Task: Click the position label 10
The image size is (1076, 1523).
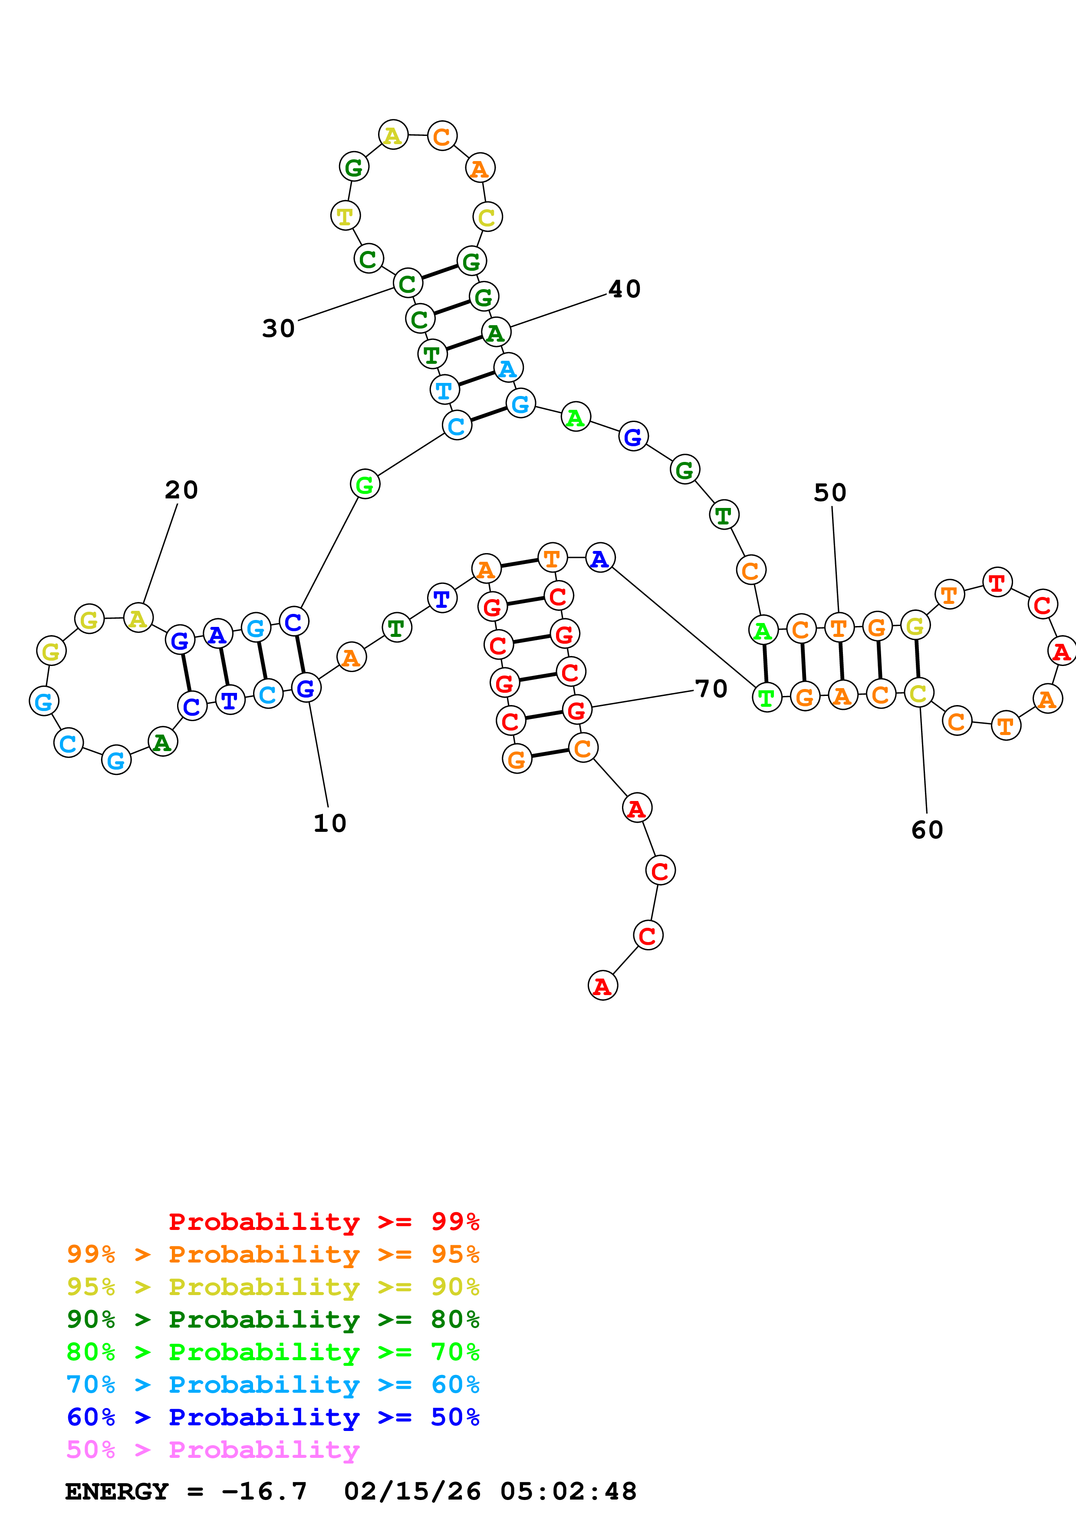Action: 329,823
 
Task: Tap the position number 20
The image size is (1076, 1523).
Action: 181,490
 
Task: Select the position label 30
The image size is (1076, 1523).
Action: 279,328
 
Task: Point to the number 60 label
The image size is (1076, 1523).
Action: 927,830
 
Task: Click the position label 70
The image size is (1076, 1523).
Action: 711,689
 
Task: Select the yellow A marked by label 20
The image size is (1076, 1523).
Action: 138,618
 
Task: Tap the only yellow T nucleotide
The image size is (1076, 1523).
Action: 345,216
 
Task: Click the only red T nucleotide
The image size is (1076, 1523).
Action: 997,582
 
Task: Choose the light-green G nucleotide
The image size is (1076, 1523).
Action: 365,485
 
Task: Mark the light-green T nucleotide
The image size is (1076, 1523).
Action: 767,698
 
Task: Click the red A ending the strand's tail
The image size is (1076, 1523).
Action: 602,986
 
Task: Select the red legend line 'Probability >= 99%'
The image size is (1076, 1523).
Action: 323,1221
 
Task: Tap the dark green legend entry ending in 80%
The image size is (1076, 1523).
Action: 273,1319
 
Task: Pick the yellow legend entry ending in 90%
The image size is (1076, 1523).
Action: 273,1287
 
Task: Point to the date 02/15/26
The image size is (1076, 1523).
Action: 412,1491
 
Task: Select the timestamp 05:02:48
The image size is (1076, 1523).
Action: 568,1491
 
